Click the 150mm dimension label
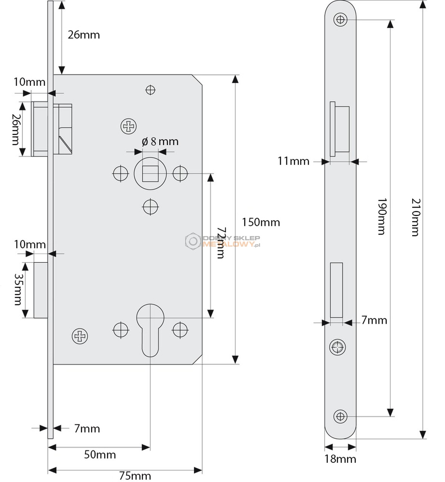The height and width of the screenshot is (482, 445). [261, 222]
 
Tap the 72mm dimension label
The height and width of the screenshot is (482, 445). [221, 243]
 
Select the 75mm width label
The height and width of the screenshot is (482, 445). [135, 476]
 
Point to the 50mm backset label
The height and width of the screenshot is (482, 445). [100, 455]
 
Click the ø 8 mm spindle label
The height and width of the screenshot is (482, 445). [160, 141]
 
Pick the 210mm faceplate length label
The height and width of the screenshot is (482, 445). [415, 217]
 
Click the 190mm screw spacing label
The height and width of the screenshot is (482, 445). [382, 217]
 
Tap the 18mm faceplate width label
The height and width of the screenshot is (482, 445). [340, 459]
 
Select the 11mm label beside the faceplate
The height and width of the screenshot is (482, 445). [293, 161]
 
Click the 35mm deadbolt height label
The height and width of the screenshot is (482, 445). [18, 289]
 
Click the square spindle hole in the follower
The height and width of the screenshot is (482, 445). [150, 174]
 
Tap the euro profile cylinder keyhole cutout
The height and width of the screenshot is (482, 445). [150, 331]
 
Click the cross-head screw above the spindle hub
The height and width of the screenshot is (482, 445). [128, 126]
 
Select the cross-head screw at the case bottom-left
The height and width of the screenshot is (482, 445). [80, 336]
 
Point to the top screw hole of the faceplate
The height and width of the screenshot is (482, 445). [340, 20]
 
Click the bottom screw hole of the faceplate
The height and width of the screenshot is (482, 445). [340, 416]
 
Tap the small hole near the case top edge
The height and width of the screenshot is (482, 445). [150, 90]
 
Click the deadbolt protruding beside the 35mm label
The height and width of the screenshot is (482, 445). [41, 290]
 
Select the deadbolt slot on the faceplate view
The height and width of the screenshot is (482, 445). [336, 290]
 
